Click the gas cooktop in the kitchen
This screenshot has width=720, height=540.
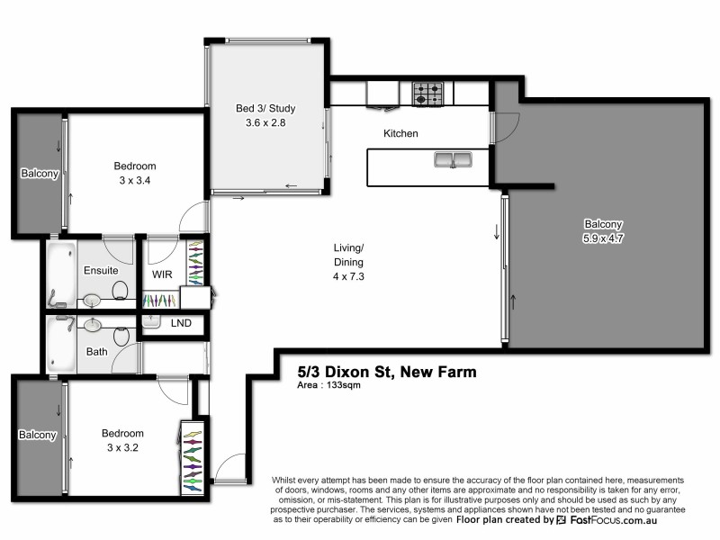click(x=427, y=92)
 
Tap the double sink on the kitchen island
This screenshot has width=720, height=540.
click(x=453, y=160)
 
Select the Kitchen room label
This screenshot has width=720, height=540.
click(x=400, y=133)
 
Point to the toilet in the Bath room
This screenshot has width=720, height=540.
click(x=121, y=335)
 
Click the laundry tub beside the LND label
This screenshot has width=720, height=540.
click(x=151, y=321)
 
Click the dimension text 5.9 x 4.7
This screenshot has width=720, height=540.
click(x=602, y=238)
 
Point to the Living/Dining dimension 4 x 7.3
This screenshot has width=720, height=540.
click(x=347, y=276)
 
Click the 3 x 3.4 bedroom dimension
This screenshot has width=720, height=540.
click(x=134, y=179)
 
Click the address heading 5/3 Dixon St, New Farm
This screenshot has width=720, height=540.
click(x=387, y=371)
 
